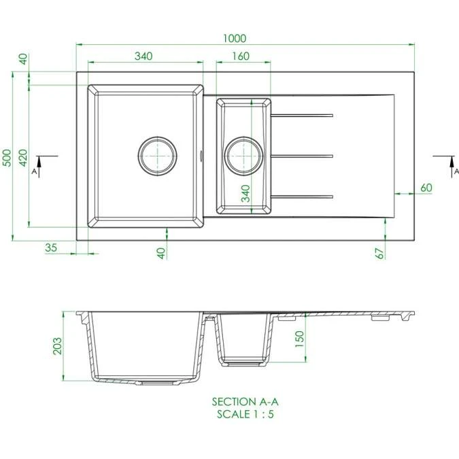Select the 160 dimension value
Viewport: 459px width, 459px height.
coord(240,56)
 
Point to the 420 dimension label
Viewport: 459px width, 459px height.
coord(22,158)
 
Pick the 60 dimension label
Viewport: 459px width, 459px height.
coord(426,188)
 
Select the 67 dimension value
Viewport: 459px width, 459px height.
coord(381,252)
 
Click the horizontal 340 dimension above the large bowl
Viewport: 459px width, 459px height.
coord(143,56)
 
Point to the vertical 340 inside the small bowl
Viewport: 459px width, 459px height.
coord(245,194)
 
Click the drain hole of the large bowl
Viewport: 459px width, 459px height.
coord(158,155)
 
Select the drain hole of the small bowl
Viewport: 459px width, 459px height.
coord(244,155)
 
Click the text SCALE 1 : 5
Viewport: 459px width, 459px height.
coord(245,413)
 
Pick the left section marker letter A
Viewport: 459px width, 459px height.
coord(33,172)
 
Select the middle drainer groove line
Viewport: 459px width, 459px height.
coord(303,156)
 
